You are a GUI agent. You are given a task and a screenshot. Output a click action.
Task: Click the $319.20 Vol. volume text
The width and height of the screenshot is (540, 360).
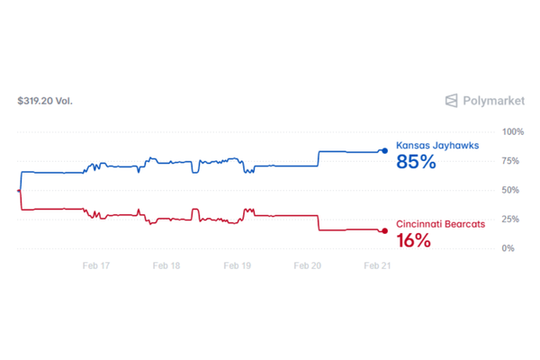pos(45,101)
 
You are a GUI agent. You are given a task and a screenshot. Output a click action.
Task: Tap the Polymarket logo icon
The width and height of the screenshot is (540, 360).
pos(453,101)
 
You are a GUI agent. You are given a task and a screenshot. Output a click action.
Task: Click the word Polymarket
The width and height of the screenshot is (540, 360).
pos(495,101)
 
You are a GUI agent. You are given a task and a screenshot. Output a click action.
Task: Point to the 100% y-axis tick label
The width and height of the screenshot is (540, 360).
pos(513,131)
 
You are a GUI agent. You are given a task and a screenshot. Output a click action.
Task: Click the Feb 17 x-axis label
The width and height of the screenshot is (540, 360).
pos(95,266)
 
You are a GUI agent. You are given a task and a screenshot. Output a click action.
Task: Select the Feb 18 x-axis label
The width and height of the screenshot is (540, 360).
pos(166,266)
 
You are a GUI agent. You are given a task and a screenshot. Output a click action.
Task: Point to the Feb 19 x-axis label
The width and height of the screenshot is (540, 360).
pos(237,266)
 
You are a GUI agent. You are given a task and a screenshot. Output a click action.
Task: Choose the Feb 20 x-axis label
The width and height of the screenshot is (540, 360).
pos(308,266)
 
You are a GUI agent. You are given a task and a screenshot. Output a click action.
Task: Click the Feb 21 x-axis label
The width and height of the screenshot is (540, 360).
pos(376,266)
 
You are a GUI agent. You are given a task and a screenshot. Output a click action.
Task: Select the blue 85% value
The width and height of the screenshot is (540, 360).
pos(416,163)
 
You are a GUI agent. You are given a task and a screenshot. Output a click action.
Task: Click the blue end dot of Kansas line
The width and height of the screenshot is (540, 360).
pos(385,150)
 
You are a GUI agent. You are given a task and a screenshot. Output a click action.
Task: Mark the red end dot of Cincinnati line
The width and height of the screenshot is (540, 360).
pos(385,231)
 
